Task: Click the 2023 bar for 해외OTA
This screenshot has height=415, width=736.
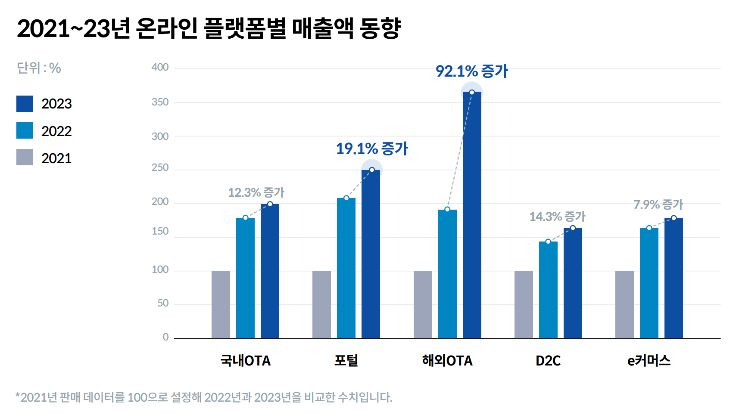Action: tap(472, 215)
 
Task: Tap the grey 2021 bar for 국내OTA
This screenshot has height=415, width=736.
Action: tap(221, 304)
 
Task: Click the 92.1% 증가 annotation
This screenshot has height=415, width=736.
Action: tap(472, 71)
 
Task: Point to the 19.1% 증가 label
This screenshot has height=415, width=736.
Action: tap(371, 149)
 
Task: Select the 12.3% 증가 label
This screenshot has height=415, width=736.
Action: tap(256, 192)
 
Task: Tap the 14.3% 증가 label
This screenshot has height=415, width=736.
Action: tap(557, 217)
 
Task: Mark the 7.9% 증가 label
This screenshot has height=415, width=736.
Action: tap(658, 204)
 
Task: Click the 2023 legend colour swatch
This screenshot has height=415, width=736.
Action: tap(25, 104)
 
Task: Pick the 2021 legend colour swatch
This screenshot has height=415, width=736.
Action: tap(25, 157)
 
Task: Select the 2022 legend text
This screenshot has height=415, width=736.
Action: tap(56, 131)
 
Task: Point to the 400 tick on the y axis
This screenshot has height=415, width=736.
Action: tap(160, 68)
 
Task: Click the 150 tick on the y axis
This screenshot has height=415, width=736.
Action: tap(160, 232)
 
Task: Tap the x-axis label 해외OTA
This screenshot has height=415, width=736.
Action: tap(447, 360)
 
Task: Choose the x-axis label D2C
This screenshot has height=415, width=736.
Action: tap(548, 360)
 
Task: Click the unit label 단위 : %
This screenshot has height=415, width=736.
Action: tap(39, 68)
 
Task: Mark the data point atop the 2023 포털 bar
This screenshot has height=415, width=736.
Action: tap(372, 170)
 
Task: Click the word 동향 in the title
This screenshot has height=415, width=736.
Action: tap(380, 28)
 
